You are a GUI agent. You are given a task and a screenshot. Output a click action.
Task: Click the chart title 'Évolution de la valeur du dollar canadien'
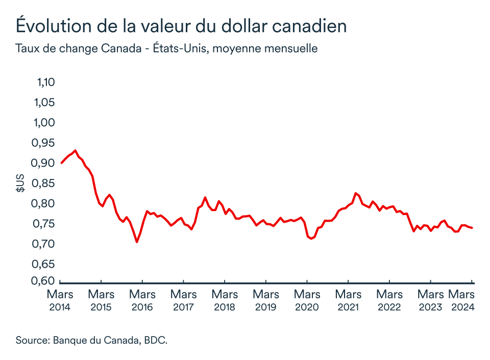coord(181,25)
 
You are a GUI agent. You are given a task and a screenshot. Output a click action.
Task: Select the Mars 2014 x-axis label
coord(60,300)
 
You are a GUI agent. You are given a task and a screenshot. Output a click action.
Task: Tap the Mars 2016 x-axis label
coord(142,300)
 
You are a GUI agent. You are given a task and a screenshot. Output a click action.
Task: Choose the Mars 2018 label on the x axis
coord(225,300)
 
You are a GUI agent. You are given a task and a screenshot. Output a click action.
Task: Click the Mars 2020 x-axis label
coord(307,300)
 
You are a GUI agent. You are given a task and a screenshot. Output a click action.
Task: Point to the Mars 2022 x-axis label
coord(389,300)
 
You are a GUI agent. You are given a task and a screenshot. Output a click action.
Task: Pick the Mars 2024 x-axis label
coord(462,300)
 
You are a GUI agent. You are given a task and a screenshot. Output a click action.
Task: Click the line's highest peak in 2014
coord(76,150)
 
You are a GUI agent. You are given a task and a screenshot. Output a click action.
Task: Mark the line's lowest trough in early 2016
coord(137,242)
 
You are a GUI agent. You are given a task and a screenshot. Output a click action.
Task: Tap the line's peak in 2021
coord(355,193)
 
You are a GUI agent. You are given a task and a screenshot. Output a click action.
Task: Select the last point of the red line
coord(472,228)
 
